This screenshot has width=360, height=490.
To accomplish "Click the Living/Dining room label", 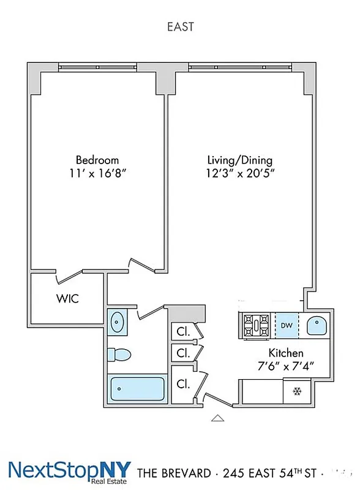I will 239,160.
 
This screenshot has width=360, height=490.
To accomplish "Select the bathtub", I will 137,389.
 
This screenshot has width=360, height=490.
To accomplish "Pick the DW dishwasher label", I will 287,325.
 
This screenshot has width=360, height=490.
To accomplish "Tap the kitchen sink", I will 317,325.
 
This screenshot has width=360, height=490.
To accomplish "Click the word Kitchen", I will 286,353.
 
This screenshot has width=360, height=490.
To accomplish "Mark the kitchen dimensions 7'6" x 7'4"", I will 286,367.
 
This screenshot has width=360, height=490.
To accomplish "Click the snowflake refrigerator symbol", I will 298,391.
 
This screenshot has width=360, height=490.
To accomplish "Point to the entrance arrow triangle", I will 217,418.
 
